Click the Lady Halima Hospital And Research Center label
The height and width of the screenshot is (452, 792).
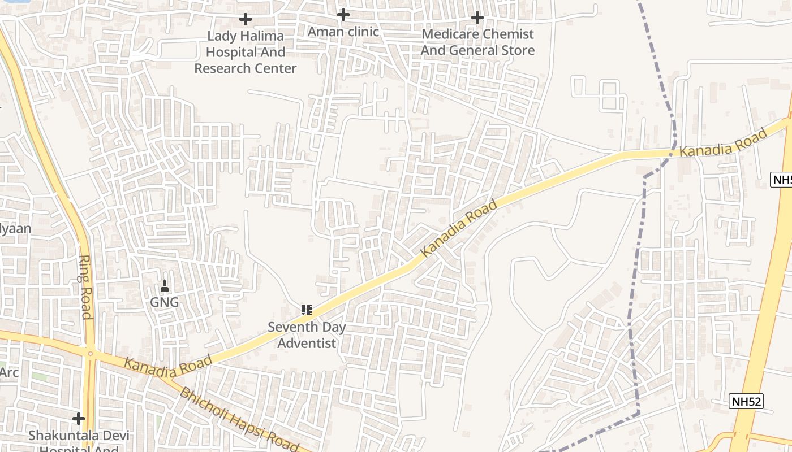point(246,52)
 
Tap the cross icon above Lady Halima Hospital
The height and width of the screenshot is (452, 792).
point(246,19)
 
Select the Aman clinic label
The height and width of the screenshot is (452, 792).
point(343,32)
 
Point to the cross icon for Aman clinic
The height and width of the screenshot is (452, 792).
point(343,15)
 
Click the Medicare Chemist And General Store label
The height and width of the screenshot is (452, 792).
point(477,42)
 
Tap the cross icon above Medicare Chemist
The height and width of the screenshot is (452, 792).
point(477,18)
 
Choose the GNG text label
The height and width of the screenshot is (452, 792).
point(164,302)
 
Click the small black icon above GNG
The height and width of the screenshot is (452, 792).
point(165,286)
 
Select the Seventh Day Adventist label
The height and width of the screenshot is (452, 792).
point(307,335)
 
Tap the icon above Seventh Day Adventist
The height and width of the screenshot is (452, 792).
point(307,310)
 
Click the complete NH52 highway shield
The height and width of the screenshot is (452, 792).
point(746,402)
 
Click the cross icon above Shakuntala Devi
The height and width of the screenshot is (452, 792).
point(79,419)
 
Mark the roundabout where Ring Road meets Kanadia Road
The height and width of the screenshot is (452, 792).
point(91,354)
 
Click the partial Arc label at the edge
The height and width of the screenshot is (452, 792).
point(9,372)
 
